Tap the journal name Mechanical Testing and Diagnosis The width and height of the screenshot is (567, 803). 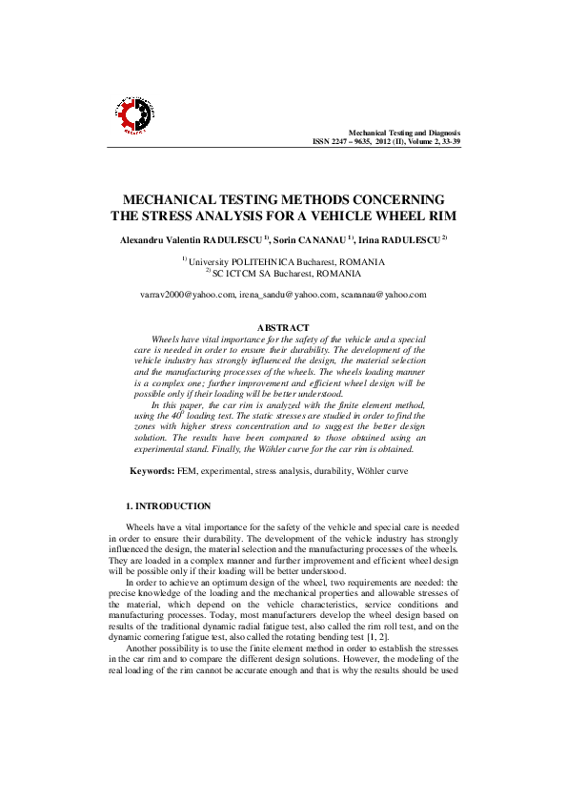[404, 133]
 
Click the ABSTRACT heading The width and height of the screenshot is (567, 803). [283, 328]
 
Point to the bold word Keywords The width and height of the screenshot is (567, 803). [151, 471]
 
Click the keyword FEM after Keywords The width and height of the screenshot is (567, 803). [186, 471]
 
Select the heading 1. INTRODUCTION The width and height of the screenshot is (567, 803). [169, 505]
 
